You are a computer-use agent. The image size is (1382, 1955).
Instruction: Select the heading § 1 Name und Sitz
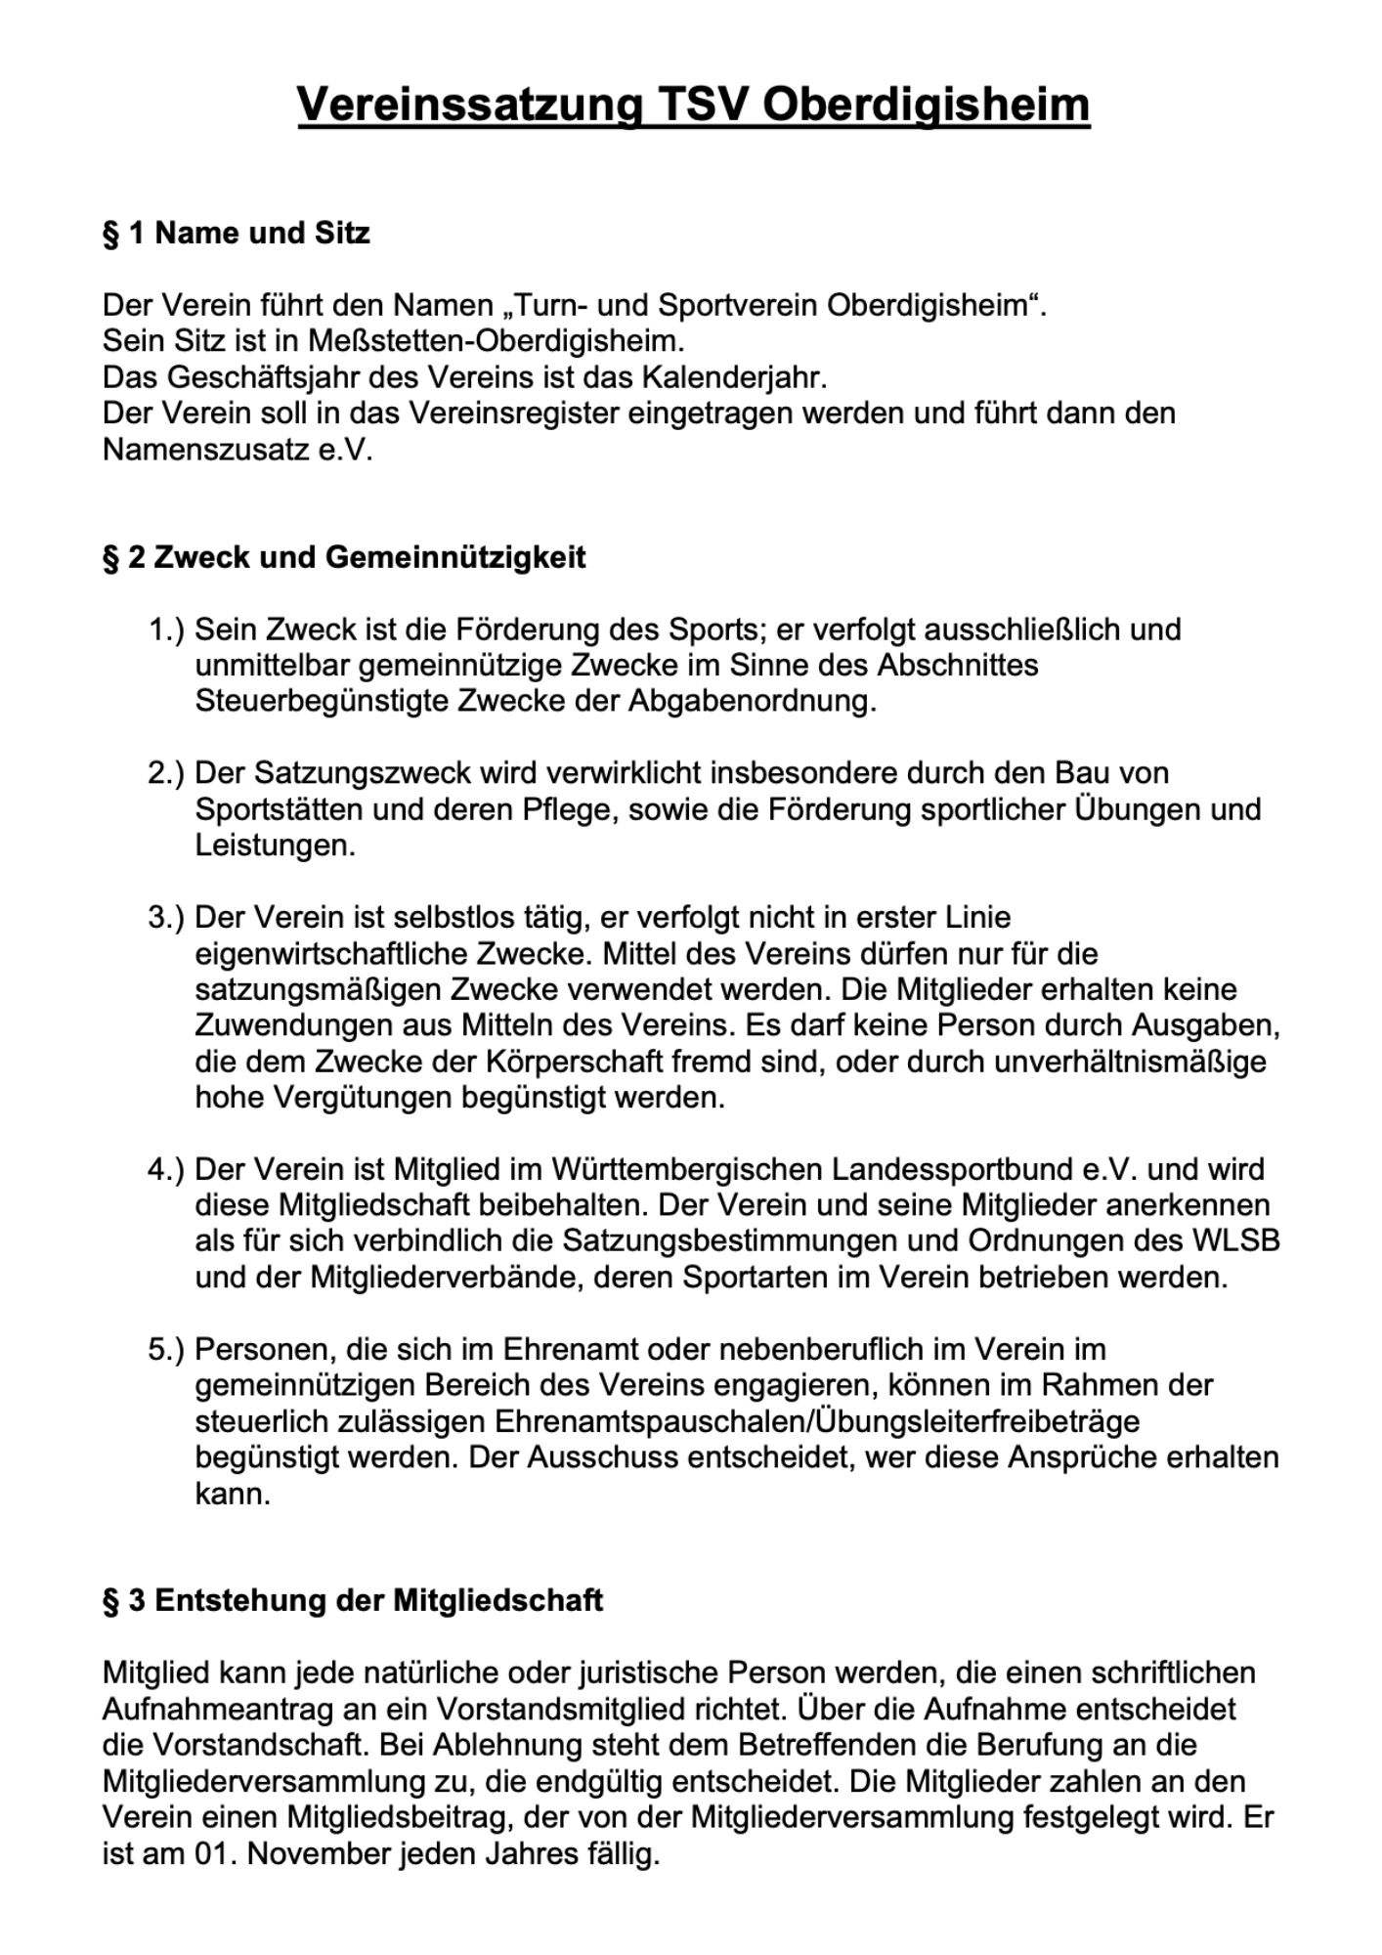[x=236, y=234]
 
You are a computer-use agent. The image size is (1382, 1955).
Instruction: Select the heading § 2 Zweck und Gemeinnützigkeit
[x=344, y=557]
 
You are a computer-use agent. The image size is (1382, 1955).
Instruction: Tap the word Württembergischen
[x=687, y=1169]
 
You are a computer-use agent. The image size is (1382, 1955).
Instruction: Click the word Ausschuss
[x=603, y=1457]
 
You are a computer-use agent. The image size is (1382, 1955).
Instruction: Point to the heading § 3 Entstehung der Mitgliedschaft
[x=352, y=1600]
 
